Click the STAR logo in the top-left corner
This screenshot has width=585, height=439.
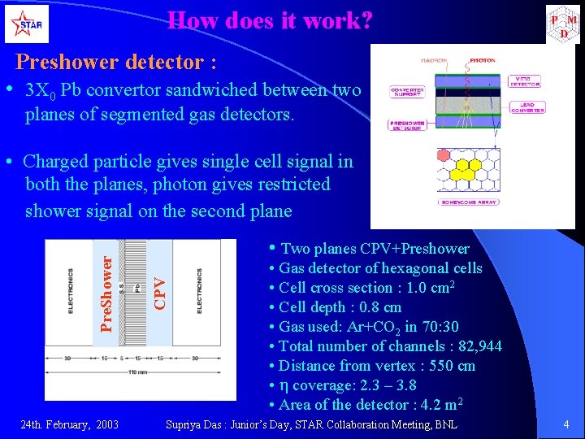[x=26, y=24]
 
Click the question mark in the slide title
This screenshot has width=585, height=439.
[x=365, y=20]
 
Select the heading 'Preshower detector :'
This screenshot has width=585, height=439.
[x=117, y=62]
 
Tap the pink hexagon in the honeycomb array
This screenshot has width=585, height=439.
[x=446, y=155]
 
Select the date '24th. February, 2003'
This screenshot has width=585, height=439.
[x=69, y=424]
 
